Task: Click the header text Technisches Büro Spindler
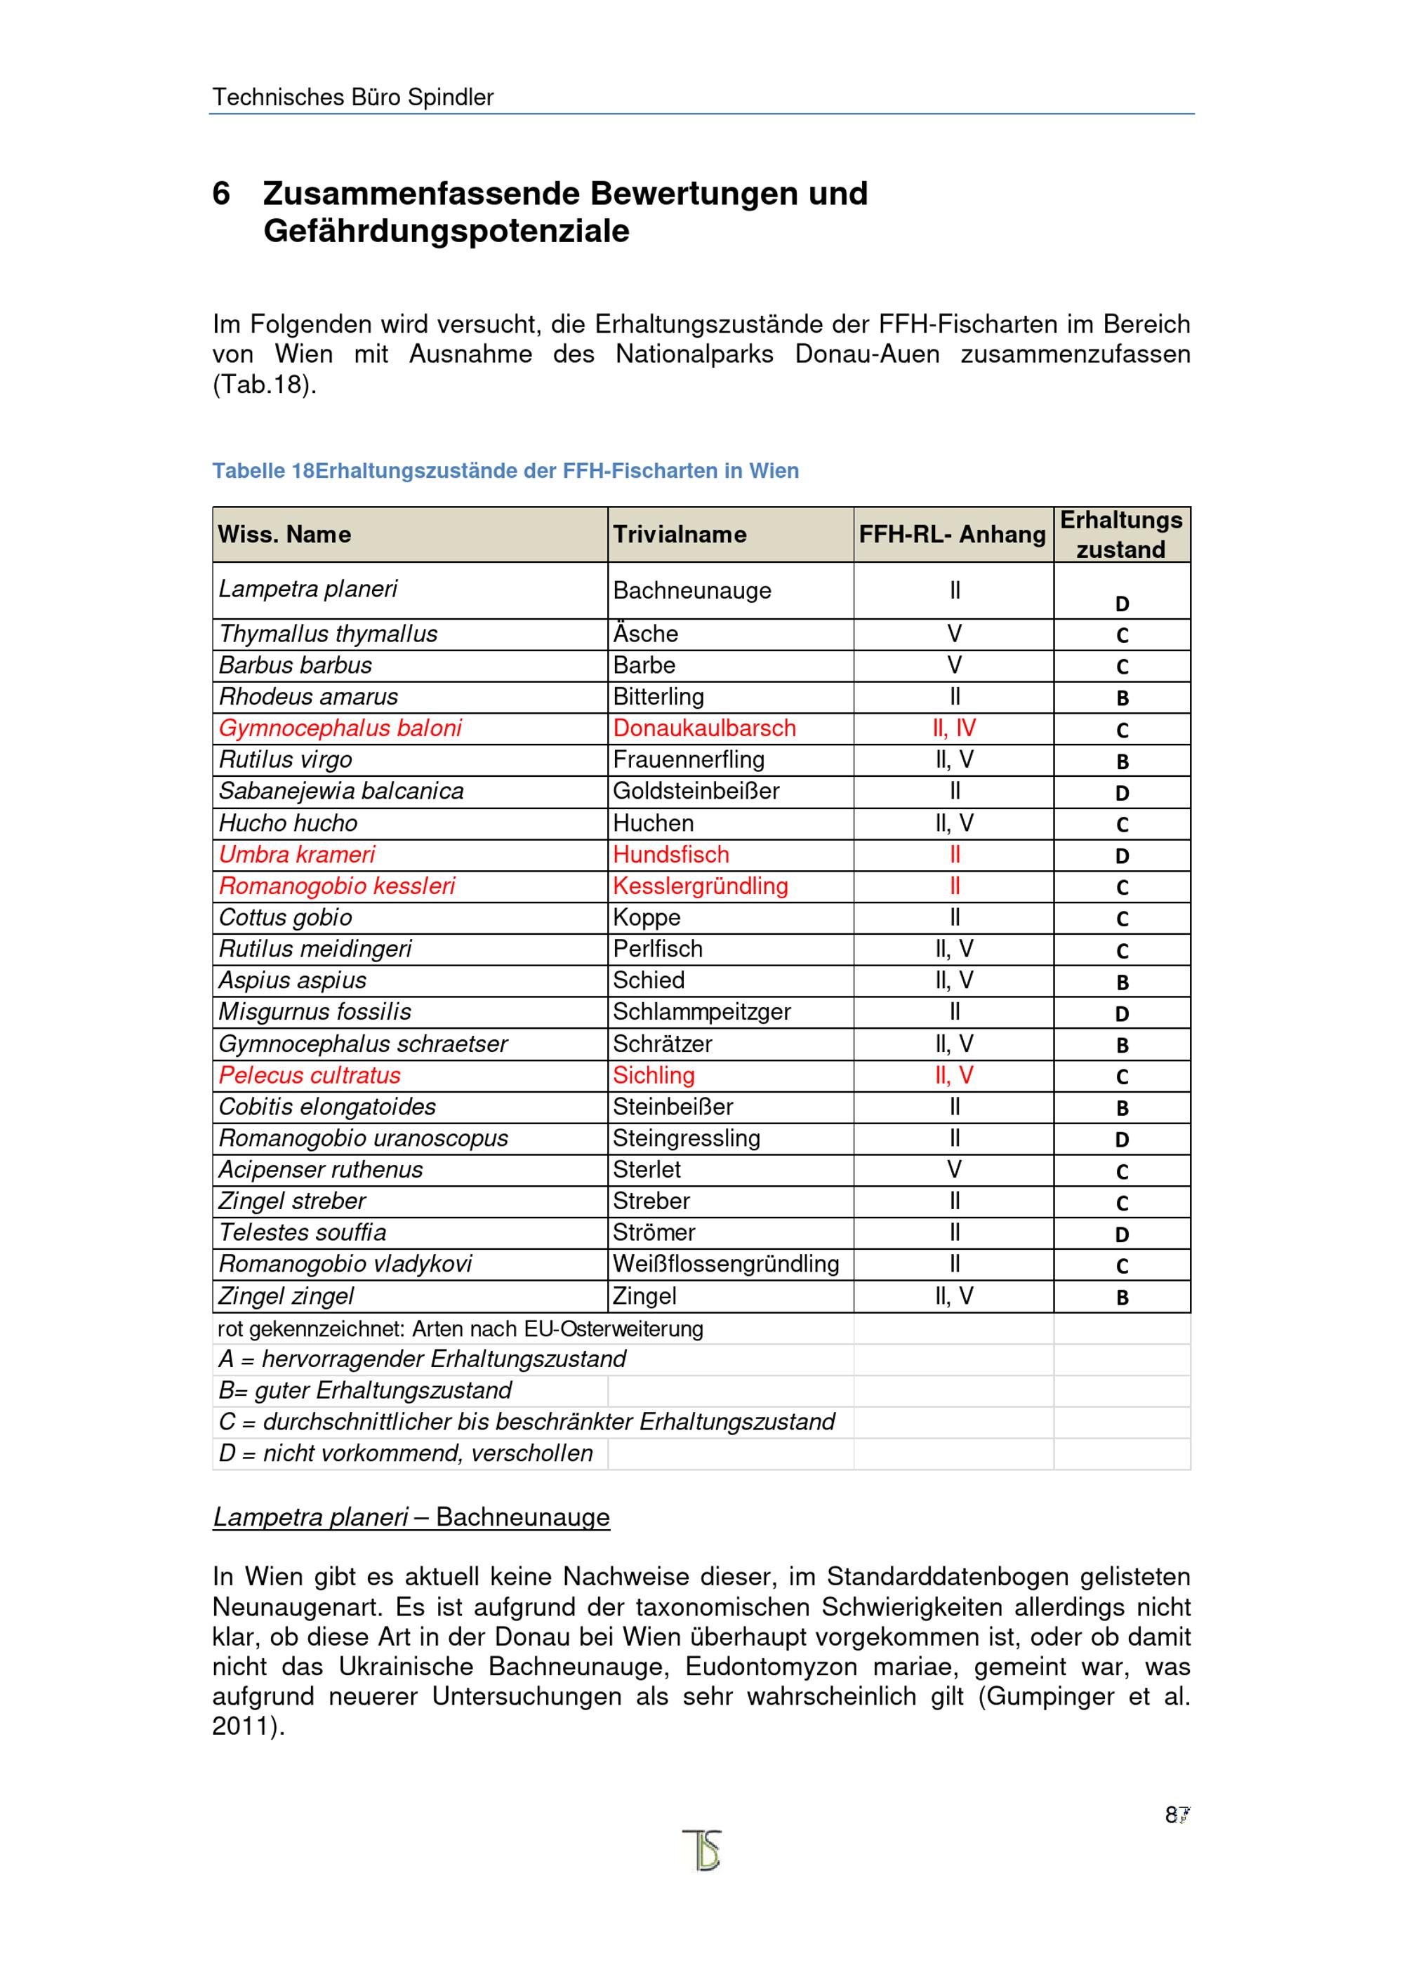pos(353,97)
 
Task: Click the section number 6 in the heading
pos(221,193)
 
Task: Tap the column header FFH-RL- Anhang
pos(952,535)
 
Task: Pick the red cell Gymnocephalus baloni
pos(340,728)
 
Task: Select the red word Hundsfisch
pos(670,855)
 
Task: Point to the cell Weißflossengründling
pos(726,1264)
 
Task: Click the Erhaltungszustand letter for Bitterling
pos(1122,698)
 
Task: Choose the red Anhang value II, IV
pos(954,728)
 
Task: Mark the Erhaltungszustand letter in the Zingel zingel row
pos(1122,1298)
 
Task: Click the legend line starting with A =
pos(422,1359)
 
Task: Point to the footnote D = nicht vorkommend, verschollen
pos(406,1453)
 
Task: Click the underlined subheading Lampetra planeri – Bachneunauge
pos(411,1517)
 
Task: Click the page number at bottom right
pos(1177,1815)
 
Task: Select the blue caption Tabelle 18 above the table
pos(505,472)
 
